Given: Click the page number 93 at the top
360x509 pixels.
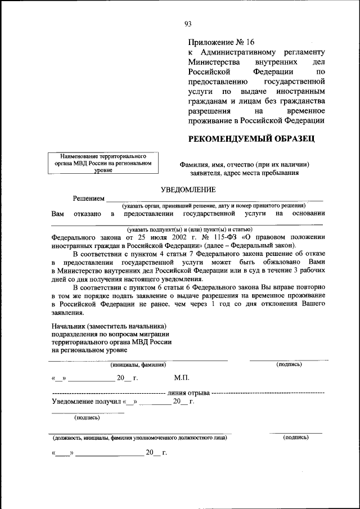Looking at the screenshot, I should [x=188, y=24].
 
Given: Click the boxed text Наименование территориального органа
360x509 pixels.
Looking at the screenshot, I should [x=101, y=162].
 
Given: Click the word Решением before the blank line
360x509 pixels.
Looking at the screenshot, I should [x=89, y=199].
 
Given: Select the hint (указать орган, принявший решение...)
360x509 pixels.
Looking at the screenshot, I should [x=215, y=206].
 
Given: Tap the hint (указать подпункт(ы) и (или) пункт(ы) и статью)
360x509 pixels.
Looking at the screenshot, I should [x=190, y=229].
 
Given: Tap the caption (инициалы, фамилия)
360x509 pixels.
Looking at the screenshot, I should [x=138, y=364].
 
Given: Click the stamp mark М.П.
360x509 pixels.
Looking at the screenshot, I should [x=181, y=378].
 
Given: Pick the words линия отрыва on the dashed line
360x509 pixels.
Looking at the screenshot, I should [x=188, y=391].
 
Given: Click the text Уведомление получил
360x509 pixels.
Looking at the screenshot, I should [x=86, y=402].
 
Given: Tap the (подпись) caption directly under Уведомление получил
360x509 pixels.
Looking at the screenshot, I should [x=87, y=417].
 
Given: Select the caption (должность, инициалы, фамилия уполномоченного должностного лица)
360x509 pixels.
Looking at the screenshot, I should [x=140, y=437].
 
